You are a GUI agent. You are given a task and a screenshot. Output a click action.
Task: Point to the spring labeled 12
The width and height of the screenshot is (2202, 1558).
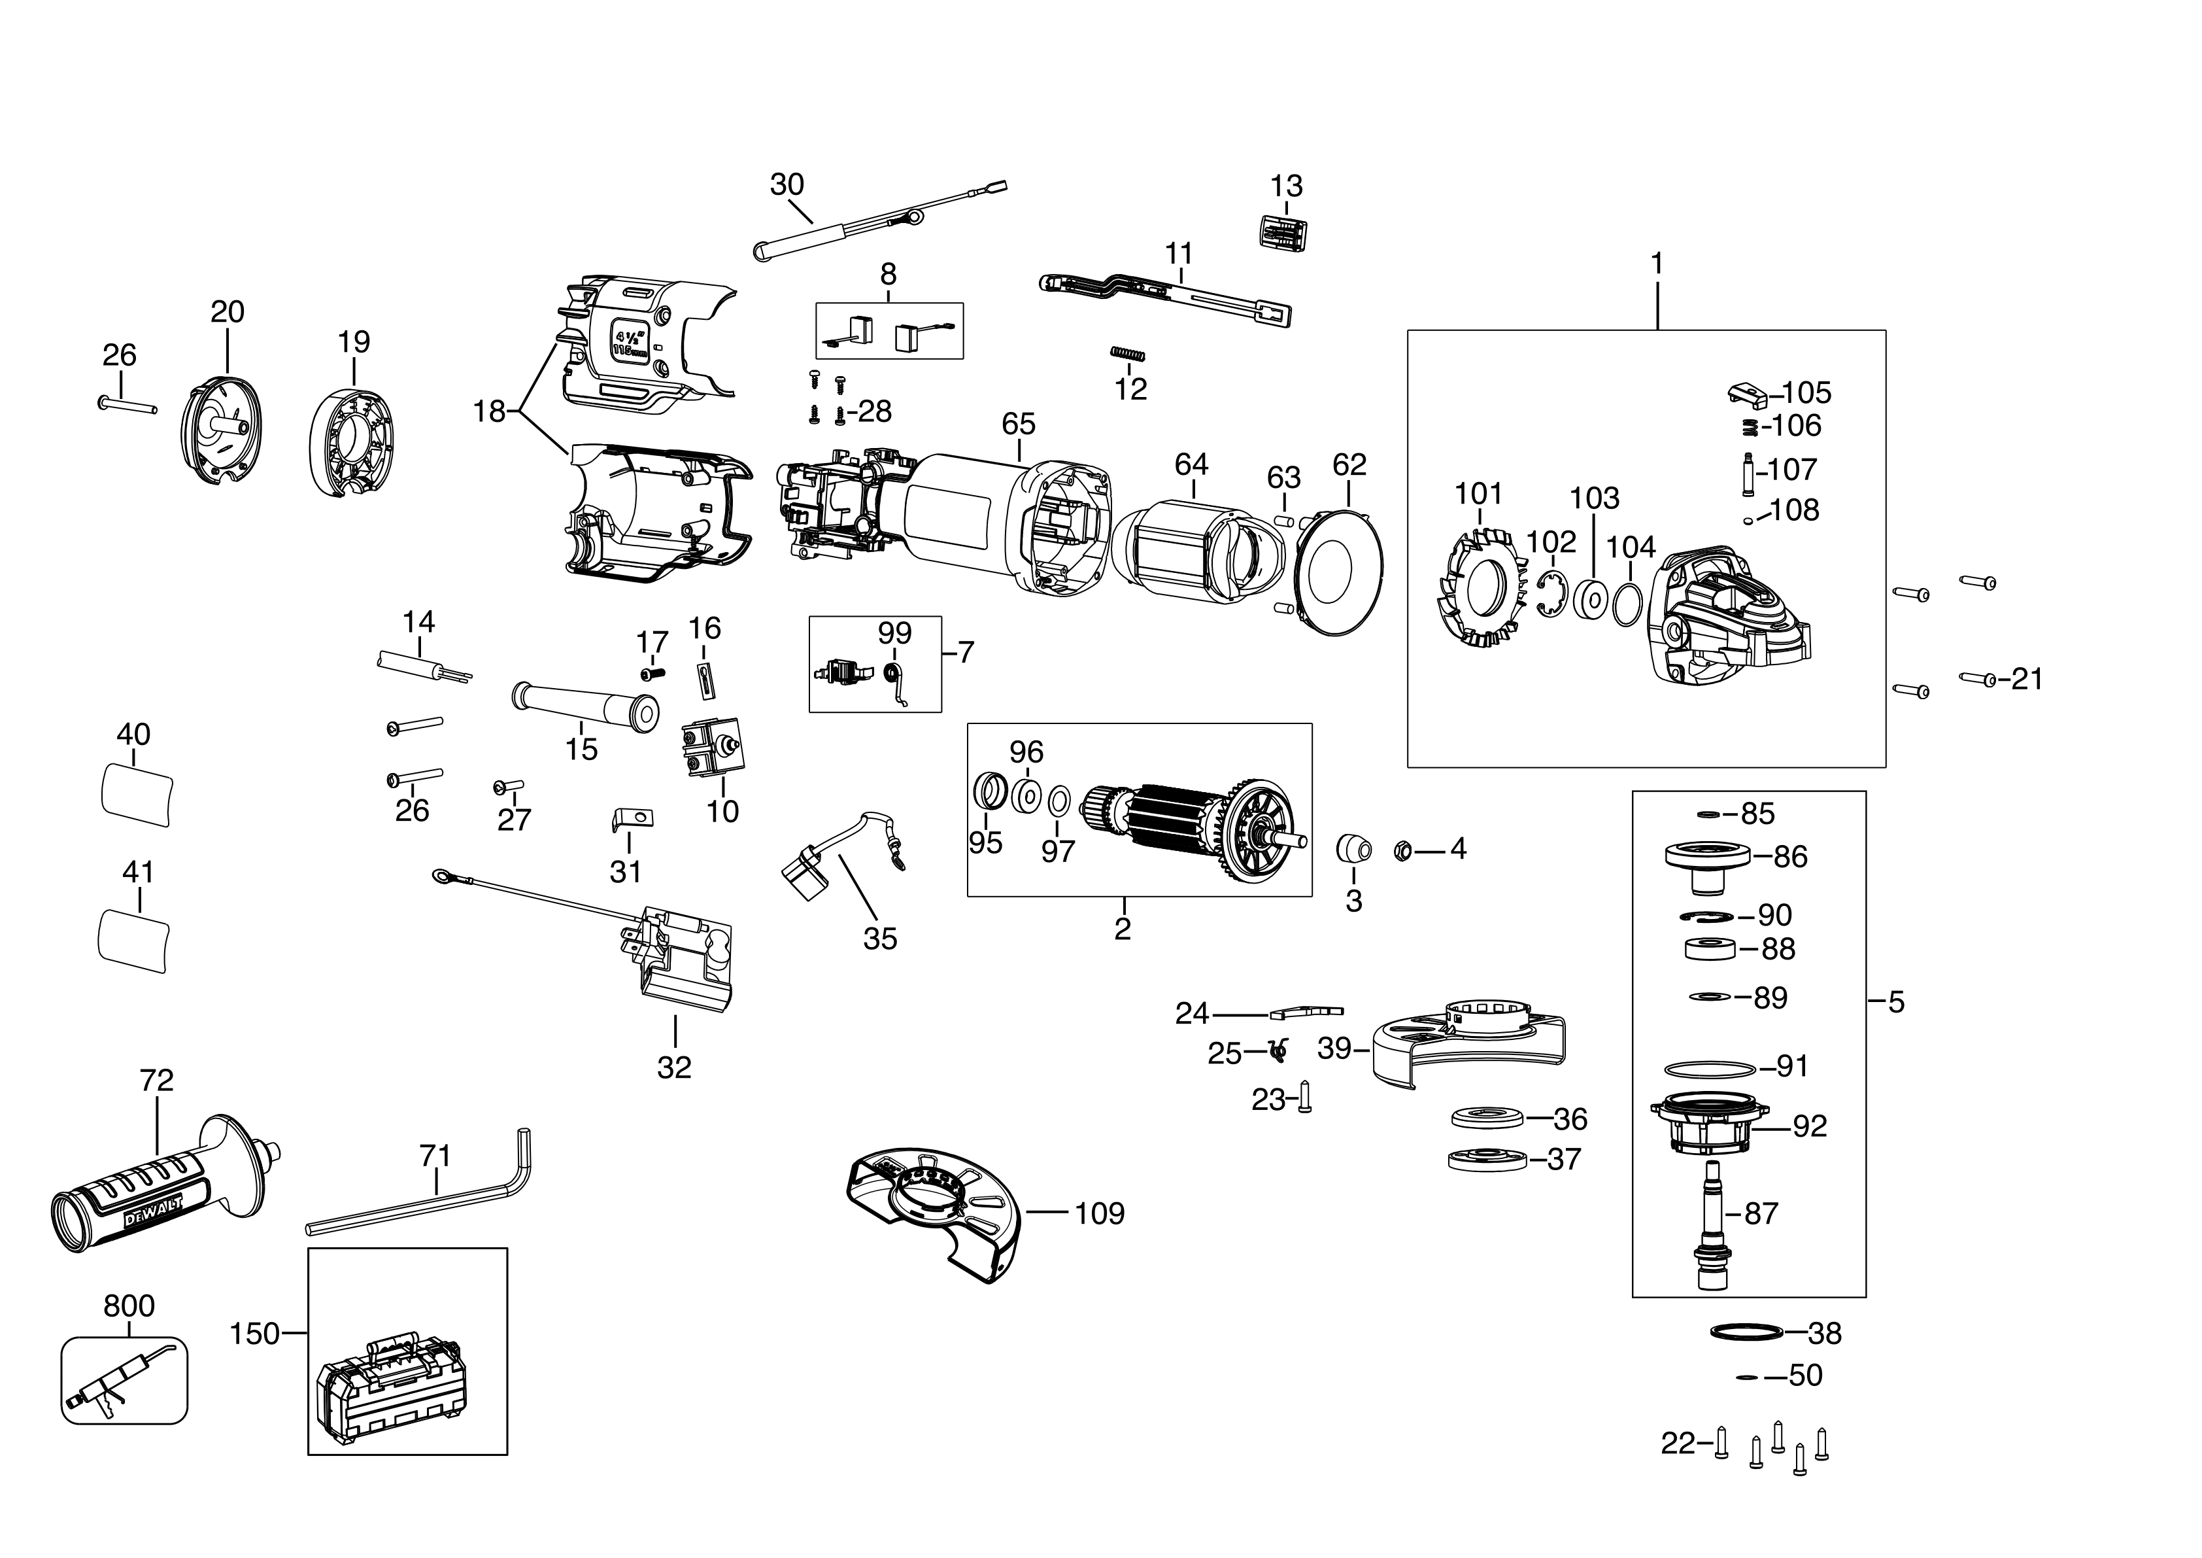[1128, 354]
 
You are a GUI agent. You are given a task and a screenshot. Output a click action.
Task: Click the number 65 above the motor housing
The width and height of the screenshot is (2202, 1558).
[1019, 423]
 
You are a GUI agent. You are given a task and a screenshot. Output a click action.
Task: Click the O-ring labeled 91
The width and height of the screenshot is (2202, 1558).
[1709, 1067]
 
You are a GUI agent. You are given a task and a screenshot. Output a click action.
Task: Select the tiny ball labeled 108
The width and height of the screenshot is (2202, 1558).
[1748, 520]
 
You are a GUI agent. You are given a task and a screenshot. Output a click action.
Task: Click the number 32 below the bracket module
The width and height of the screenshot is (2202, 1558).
[674, 1067]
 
